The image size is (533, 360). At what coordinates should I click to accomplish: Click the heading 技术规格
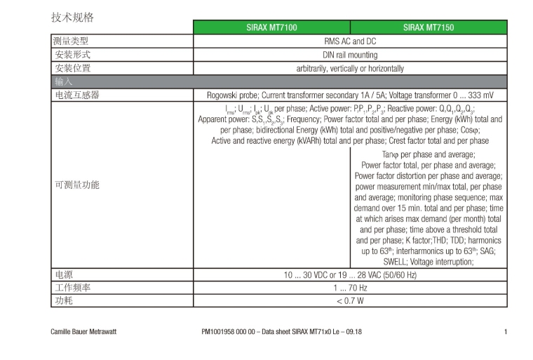tap(72, 17)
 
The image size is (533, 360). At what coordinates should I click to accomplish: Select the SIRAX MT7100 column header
tap(271, 27)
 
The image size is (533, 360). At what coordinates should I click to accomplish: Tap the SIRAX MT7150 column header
tap(429, 27)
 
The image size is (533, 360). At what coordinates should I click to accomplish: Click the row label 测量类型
tap(73, 41)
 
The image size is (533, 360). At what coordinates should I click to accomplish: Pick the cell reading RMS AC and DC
tap(350, 41)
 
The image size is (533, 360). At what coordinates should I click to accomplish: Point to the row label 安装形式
tap(73, 55)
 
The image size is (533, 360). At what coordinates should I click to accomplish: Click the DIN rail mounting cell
tap(350, 55)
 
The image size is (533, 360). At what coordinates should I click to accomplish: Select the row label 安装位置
tap(73, 68)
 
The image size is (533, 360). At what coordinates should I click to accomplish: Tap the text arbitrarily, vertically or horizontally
tap(350, 68)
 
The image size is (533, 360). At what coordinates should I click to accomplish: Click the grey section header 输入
tap(64, 81)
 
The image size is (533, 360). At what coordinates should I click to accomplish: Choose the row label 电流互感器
tap(77, 95)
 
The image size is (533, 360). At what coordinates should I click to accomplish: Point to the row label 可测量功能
tap(77, 185)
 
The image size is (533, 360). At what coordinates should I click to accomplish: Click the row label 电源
tap(64, 274)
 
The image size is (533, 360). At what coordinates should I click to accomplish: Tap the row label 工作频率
tap(73, 288)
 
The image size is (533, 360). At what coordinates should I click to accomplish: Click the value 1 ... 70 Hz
tap(350, 288)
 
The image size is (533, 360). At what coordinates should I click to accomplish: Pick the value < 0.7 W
tap(350, 301)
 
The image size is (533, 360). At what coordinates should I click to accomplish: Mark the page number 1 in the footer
tap(505, 331)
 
